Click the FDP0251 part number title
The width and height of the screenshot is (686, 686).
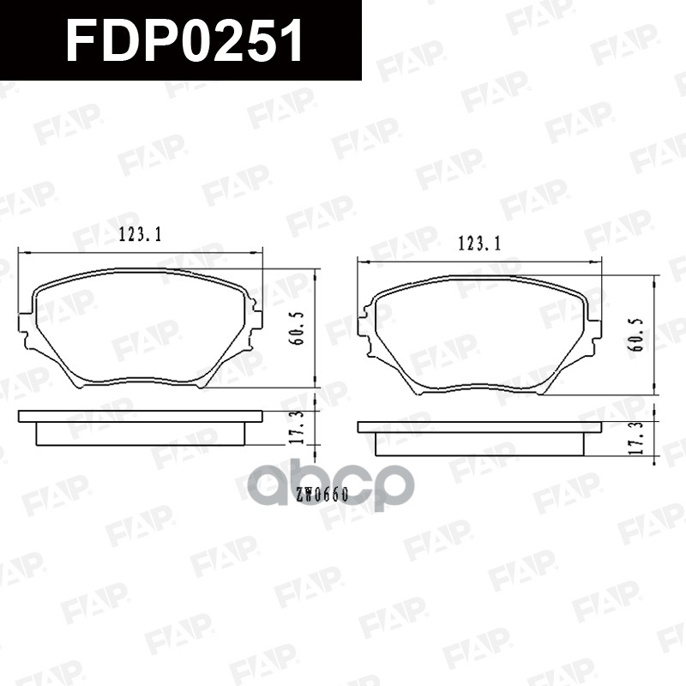[184, 40]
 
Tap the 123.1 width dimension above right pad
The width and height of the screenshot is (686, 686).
[479, 244]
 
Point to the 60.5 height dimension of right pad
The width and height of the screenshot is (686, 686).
[635, 337]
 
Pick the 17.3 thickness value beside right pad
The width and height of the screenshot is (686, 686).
[635, 437]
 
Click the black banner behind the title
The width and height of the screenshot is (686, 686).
[326, 40]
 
